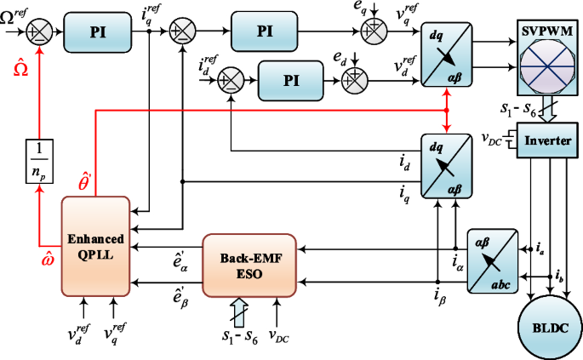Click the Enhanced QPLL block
95,246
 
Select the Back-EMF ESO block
249,266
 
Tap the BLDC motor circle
551,328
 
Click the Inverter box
547,140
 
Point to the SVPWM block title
547,31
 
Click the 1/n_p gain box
39,161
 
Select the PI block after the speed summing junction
98,32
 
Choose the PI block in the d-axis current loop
291,80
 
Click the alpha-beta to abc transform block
493,261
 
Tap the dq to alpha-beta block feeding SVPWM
447,54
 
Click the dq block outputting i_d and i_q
447,166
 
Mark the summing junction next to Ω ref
39,32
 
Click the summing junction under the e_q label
374,31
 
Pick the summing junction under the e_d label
355,80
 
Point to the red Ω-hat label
20,68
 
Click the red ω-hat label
48,258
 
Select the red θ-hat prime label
85,180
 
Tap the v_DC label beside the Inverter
492,139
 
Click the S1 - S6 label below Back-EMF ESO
240,337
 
